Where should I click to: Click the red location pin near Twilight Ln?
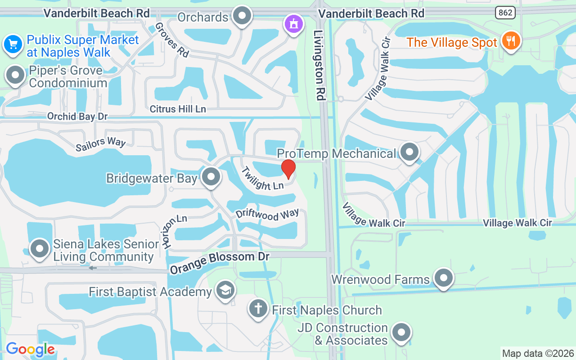(x=288, y=169)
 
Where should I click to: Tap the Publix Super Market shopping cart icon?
(x=13, y=45)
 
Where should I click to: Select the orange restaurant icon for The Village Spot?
(x=510, y=42)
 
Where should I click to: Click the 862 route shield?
(x=505, y=13)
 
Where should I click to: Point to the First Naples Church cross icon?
(x=258, y=309)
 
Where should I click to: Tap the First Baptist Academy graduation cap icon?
(x=225, y=290)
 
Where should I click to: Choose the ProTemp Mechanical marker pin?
(x=409, y=152)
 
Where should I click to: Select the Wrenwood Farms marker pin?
(x=444, y=278)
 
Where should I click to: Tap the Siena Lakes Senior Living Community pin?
(x=40, y=248)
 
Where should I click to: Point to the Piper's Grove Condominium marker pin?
(x=16, y=75)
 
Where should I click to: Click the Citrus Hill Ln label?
(x=178, y=109)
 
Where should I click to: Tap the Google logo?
(x=30, y=349)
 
